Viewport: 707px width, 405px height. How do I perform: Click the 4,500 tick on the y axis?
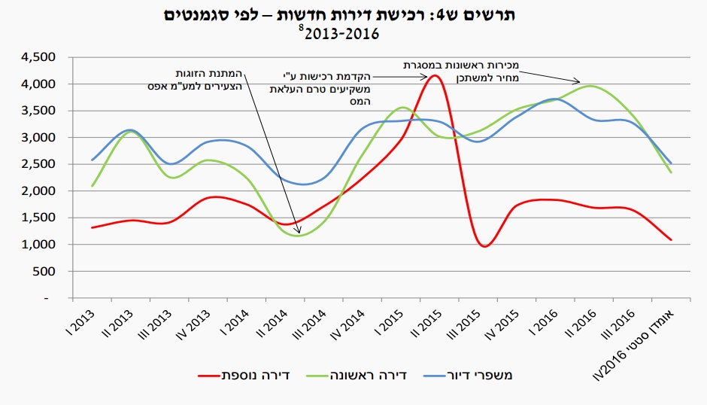pyautogui.click(x=41, y=57)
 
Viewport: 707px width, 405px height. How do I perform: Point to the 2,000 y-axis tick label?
pyautogui.click(x=41, y=191)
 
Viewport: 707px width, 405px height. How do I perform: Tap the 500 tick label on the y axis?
pyautogui.click(x=50, y=271)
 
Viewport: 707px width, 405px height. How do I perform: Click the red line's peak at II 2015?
pyautogui.click(x=435, y=75)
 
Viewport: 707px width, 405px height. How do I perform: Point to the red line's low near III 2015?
pyautogui.click(x=486, y=246)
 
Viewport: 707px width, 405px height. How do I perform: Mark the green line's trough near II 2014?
pyautogui.click(x=299, y=236)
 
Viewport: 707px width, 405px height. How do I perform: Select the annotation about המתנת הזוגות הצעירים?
pyautogui.click(x=196, y=80)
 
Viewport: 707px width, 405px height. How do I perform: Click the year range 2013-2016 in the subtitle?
pyautogui.click(x=342, y=34)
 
